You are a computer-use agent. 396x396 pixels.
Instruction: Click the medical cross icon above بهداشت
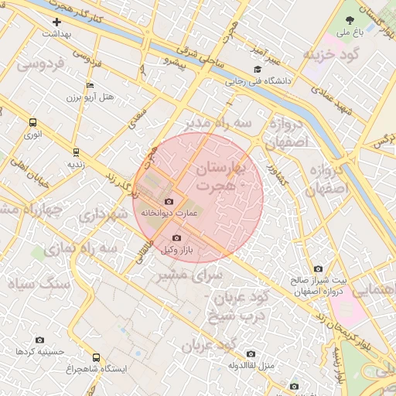coord(56,22)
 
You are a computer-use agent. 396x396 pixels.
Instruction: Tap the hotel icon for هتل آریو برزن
coord(90,85)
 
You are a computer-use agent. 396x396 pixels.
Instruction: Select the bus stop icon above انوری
coord(32,122)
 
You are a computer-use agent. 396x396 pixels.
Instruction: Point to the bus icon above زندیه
coord(75,152)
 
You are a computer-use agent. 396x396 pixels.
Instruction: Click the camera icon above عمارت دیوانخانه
coord(169,201)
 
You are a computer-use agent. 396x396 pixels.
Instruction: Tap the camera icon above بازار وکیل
coord(176,237)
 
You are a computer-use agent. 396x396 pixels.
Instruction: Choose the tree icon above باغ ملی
coord(348,21)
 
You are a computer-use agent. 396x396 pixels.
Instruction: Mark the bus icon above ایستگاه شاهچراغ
coord(96,357)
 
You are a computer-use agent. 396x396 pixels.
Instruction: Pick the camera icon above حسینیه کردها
coord(40,340)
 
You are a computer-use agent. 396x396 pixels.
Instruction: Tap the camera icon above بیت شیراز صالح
coord(319,268)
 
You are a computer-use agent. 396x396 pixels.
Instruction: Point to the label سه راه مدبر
coord(219,124)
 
